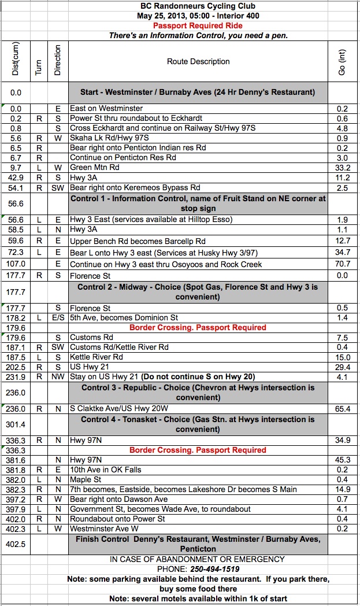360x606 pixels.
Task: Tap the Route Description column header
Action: pyautogui.click(x=198, y=61)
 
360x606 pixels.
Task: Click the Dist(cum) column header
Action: pyautogui.click(x=16, y=61)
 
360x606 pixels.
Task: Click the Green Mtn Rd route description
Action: pyautogui.click(x=95, y=168)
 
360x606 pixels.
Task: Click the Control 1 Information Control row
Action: pyautogui.click(x=198, y=204)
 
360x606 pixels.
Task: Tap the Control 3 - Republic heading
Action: pyautogui.click(x=198, y=393)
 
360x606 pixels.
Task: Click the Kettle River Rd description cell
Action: pyautogui.click(x=97, y=357)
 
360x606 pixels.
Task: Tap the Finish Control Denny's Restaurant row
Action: pyautogui.click(x=198, y=544)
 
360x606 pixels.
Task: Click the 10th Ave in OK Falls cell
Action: pyautogui.click(x=105, y=470)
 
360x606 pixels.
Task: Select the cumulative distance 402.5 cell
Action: pyautogui.click(x=16, y=544)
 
